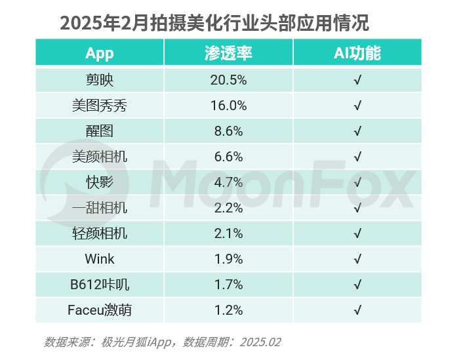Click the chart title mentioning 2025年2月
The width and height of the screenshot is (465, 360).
click(x=214, y=23)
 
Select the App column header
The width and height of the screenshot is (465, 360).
click(x=100, y=53)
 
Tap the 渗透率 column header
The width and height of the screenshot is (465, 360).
click(x=228, y=53)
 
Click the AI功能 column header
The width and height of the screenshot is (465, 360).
click(x=357, y=53)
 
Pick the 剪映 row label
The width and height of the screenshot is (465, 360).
click(x=100, y=80)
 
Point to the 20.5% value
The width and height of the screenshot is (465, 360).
click(x=228, y=80)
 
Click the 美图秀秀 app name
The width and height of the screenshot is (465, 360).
click(x=100, y=106)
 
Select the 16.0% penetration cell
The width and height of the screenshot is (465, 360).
click(x=228, y=106)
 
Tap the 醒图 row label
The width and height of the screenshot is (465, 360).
click(x=100, y=131)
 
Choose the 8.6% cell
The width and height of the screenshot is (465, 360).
click(x=228, y=131)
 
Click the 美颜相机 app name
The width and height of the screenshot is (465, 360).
click(x=100, y=157)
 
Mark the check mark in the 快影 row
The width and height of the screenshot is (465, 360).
click(x=357, y=182)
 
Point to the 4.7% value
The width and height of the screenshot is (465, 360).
click(x=228, y=182)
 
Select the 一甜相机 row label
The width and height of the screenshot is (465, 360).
click(x=100, y=208)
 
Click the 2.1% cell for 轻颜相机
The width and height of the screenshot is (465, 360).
click(x=228, y=233)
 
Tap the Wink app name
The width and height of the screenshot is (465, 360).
click(x=100, y=259)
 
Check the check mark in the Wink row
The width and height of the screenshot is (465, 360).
click(x=357, y=259)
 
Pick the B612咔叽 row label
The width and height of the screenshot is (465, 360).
click(x=100, y=285)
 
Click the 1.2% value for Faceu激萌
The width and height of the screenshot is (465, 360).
click(x=228, y=310)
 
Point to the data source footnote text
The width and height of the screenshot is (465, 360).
click(x=162, y=342)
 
